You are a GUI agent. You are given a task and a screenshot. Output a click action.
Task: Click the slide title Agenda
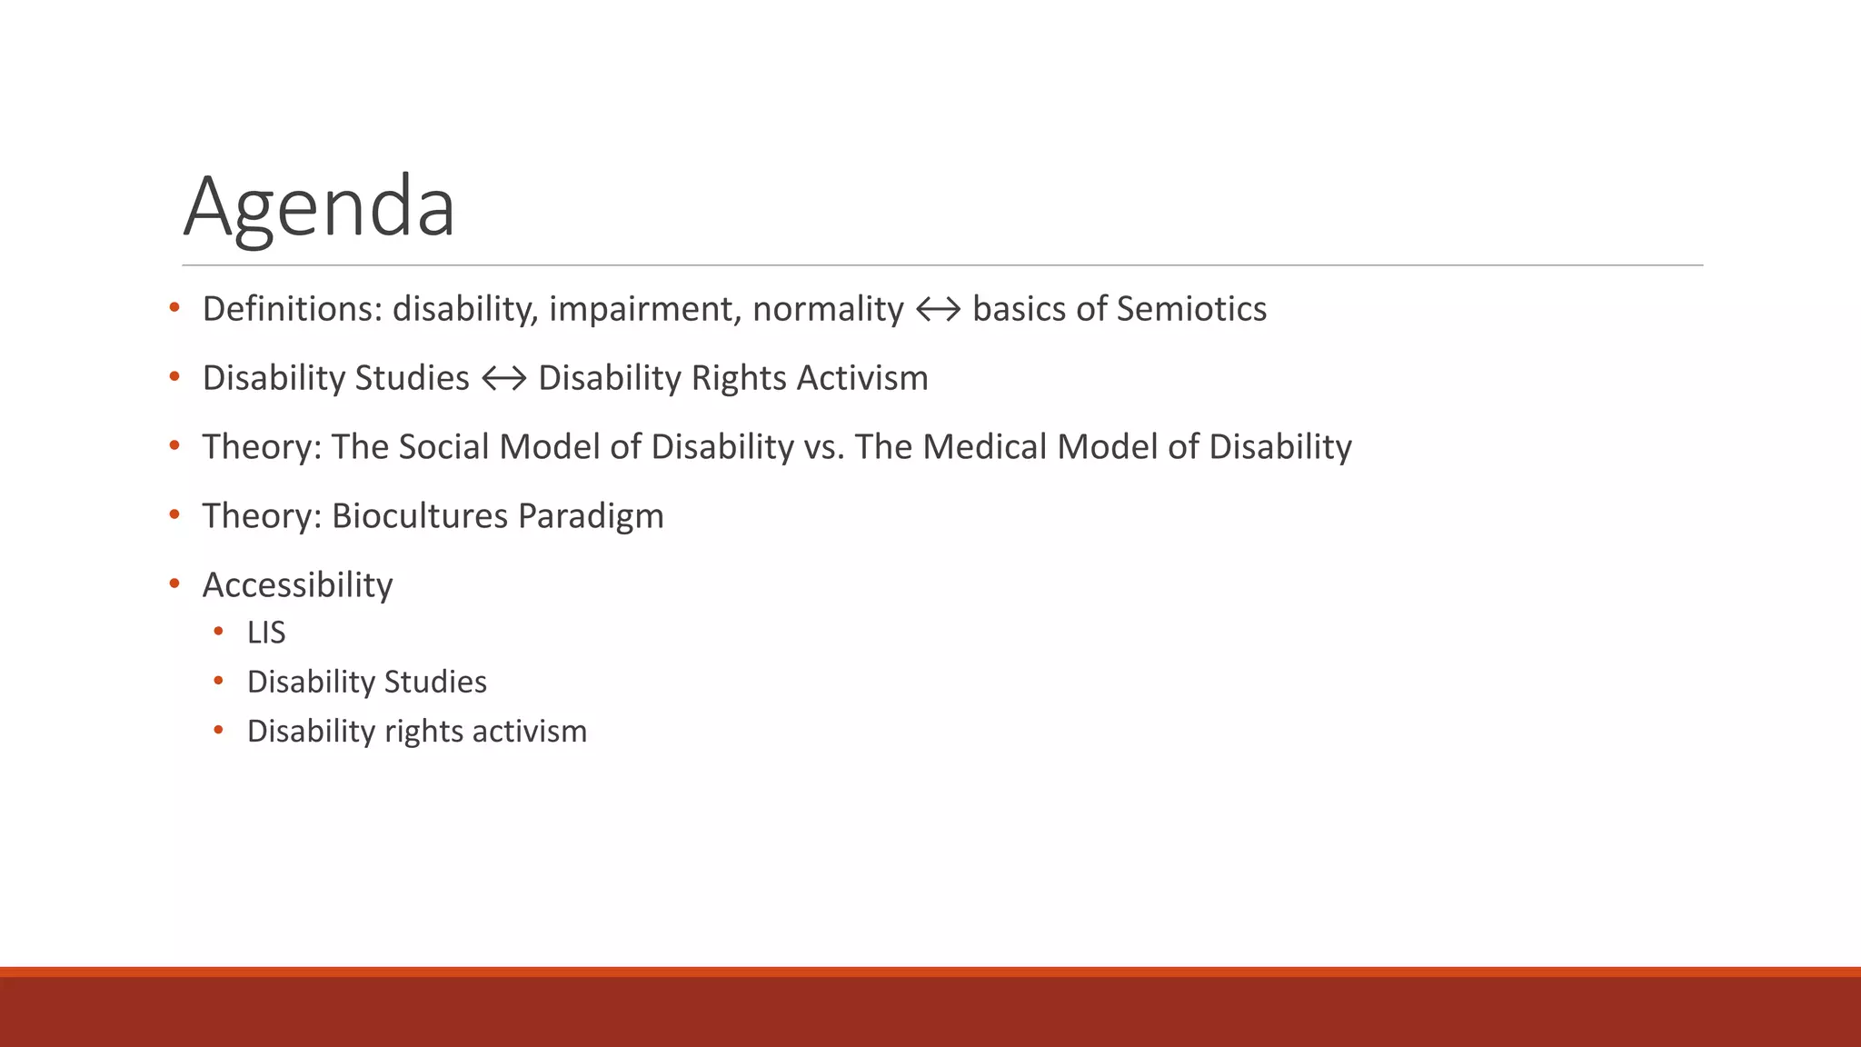point(319,207)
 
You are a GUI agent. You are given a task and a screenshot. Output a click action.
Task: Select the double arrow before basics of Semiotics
point(938,310)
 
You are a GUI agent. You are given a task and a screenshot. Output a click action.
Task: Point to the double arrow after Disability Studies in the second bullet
point(503,379)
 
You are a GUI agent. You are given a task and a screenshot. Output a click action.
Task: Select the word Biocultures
point(419,516)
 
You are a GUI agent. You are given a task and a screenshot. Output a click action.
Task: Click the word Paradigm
point(591,516)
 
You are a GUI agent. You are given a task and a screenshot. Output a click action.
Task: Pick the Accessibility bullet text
point(297,585)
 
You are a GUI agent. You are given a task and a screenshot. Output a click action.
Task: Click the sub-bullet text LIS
point(266,633)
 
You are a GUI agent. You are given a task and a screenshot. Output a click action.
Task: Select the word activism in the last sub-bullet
point(536,731)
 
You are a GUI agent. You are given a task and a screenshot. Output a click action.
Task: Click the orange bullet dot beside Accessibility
point(174,583)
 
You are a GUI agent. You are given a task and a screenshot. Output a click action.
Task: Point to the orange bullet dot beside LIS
point(218,631)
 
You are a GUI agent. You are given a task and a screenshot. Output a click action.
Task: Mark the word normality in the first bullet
point(828,309)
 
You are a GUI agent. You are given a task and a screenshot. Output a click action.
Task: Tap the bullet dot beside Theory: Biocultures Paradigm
point(174,514)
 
